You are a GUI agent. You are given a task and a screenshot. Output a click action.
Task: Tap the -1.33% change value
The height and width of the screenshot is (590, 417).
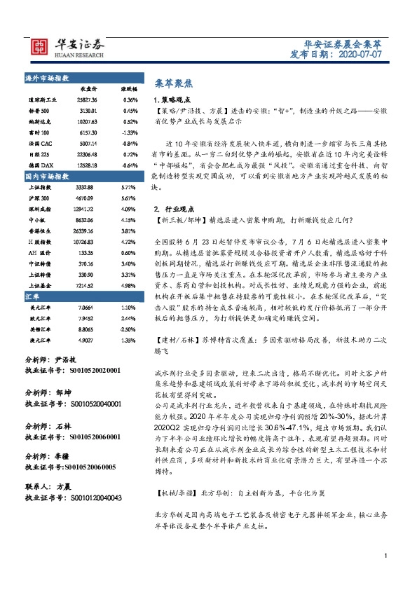point(130,132)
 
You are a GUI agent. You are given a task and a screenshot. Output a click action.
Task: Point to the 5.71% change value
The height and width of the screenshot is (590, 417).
point(128,188)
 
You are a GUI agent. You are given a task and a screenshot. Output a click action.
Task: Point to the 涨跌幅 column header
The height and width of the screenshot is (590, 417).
point(128,89)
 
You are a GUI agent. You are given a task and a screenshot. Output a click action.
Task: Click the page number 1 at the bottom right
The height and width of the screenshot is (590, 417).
point(386,576)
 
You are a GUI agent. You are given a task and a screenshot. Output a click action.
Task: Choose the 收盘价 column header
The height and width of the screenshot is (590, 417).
point(87,89)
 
